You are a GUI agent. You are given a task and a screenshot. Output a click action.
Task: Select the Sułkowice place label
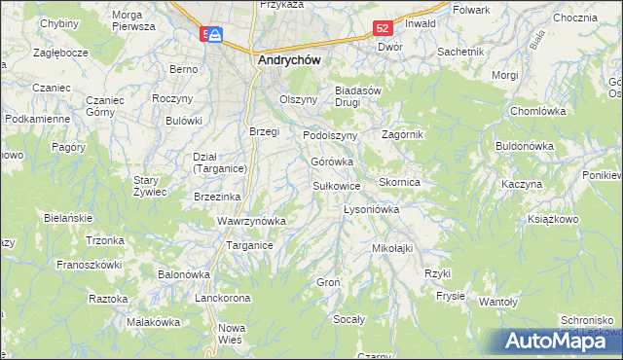pyautogui.click(x=337, y=185)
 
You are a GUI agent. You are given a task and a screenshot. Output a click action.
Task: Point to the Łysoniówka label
pyautogui.click(x=373, y=209)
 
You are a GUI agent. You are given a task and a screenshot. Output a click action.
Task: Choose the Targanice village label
pyautogui.click(x=249, y=246)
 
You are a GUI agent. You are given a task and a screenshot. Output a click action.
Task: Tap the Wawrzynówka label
pyautogui.click(x=251, y=221)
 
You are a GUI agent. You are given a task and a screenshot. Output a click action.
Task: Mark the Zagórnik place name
pyautogui.click(x=404, y=134)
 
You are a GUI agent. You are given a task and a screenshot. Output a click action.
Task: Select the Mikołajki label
pyautogui.click(x=392, y=248)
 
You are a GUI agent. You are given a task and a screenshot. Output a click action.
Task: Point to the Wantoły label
pyautogui.click(x=498, y=302)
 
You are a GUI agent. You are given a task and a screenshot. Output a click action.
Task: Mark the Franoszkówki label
pyautogui.click(x=89, y=264)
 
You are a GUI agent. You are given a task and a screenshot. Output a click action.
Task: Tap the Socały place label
pyautogui.click(x=348, y=319)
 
